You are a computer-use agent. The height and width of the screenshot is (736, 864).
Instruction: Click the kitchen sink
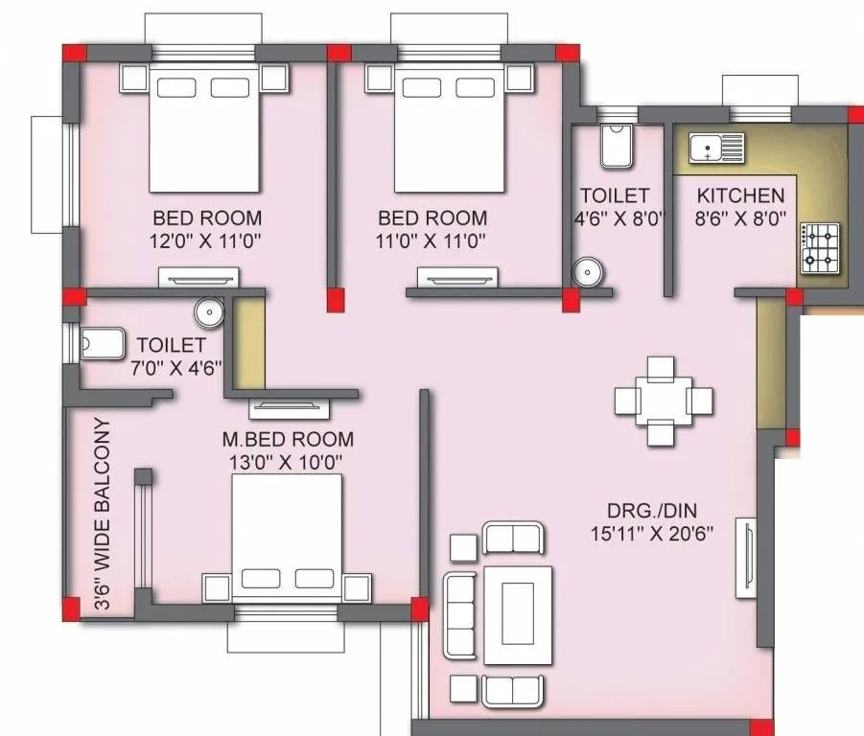[716, 148]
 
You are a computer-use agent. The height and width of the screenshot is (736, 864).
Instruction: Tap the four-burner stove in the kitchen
[820, 245]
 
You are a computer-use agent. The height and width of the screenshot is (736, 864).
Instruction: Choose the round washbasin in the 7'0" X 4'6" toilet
[208, 311]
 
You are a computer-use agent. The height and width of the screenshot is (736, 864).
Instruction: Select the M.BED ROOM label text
[288, 440]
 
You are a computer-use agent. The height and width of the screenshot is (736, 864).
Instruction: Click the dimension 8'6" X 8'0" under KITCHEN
[740, 218]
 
